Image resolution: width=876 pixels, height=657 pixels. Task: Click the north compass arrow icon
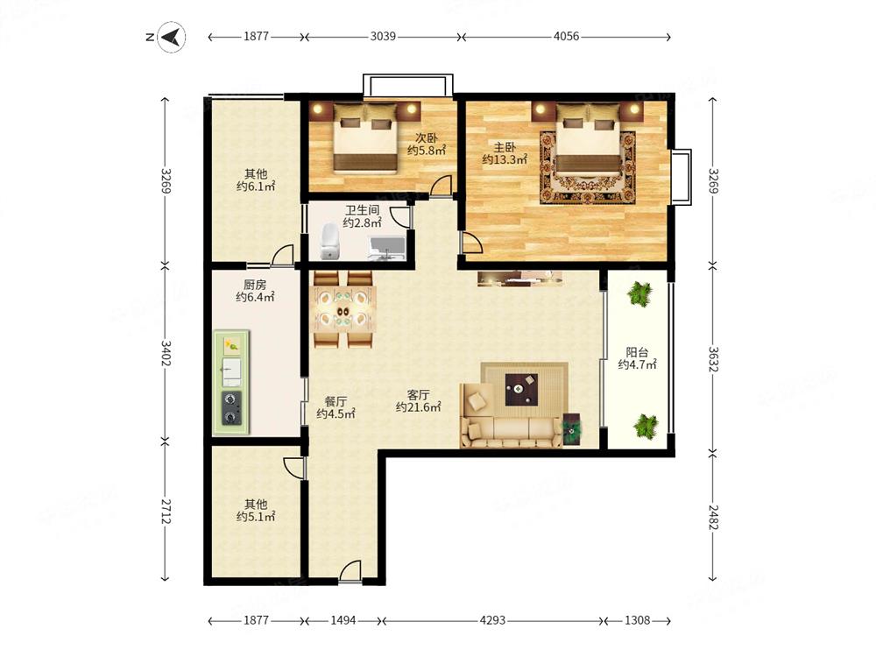coord(172,37)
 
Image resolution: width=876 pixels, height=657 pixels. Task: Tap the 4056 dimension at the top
coord(566,36)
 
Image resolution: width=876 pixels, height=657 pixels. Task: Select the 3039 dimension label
coord(383,36)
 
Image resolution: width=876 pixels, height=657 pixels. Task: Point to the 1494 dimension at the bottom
coord(343,620)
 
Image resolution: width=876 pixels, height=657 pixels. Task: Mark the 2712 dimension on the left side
coord(166,512)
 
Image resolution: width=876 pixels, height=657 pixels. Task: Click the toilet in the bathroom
coord(330,242)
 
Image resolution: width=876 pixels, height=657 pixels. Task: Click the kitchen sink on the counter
coord(232,372)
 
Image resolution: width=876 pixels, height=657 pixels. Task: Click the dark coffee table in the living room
coord(521,390)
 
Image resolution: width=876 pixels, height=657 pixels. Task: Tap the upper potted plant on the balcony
coord(639,293)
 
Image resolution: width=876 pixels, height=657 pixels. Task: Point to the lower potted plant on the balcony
coord(646,427)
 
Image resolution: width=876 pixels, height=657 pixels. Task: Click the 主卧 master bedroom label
coord(505,147)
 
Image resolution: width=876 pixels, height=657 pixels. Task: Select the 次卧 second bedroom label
coord(427,138)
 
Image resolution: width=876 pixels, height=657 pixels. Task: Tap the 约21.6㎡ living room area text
coord(419,407)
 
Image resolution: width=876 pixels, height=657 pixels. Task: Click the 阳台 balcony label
coord(637,352)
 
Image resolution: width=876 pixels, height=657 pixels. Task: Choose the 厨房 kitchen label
coord(255,285)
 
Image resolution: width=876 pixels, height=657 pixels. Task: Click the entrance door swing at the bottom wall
coord(350,572)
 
